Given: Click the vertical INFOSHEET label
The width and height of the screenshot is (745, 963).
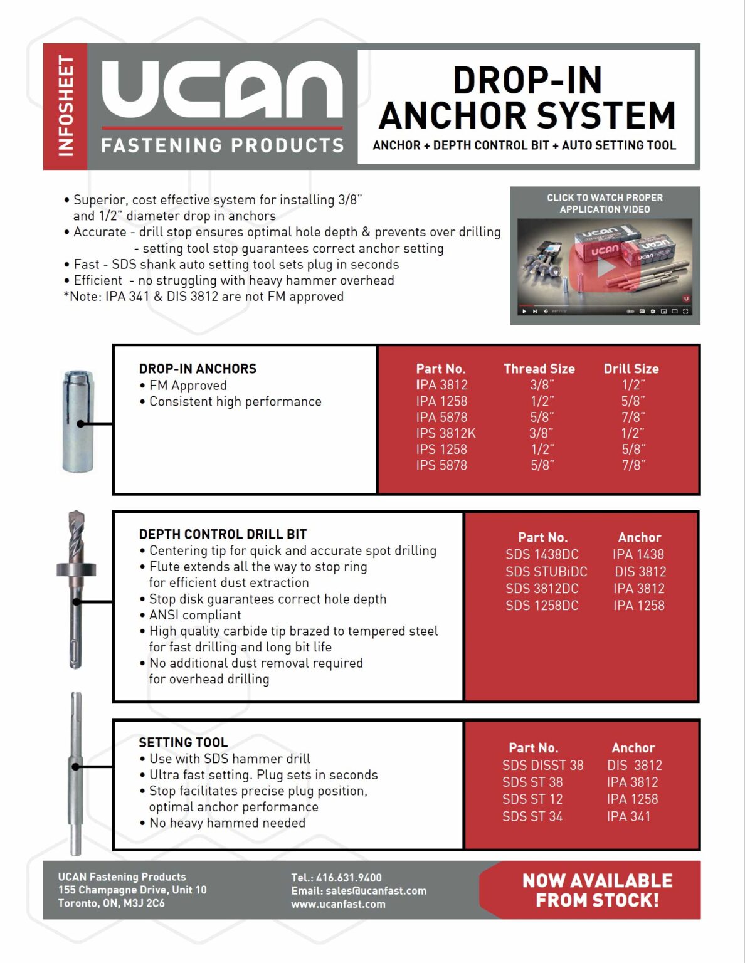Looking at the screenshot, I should click(65, 106).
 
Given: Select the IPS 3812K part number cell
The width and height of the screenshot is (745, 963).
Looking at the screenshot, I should click(445, 433).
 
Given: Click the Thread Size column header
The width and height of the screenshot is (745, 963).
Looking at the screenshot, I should click(539, 369).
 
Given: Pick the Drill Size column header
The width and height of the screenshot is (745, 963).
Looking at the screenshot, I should click(631, 369).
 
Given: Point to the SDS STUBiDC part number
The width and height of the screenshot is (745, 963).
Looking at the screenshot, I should click(546, 571).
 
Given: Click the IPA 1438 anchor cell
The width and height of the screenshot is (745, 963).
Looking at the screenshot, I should click(638, 554).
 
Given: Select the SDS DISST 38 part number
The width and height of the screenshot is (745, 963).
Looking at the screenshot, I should click(542, 765).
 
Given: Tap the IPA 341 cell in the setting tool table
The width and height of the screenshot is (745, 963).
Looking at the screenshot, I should click(628, 816).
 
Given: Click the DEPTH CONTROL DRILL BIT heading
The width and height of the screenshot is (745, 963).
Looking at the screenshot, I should click(223, 534).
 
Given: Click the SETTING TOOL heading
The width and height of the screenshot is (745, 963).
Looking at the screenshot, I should click(183, 742).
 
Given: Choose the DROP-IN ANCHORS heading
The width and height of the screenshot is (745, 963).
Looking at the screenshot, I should click(198, 369).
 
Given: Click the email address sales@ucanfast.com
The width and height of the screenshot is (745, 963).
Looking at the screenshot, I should click(376, 891).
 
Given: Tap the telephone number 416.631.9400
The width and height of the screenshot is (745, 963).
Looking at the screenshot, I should click(349, 878).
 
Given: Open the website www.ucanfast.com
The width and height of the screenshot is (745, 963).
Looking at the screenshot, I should click(338, 904).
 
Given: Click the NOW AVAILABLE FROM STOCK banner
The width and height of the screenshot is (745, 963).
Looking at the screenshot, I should click(596, 890).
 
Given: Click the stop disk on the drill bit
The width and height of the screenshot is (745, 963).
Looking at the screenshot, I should click(77, 569).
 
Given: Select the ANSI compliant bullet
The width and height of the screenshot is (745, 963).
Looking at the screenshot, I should click(195, 615).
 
